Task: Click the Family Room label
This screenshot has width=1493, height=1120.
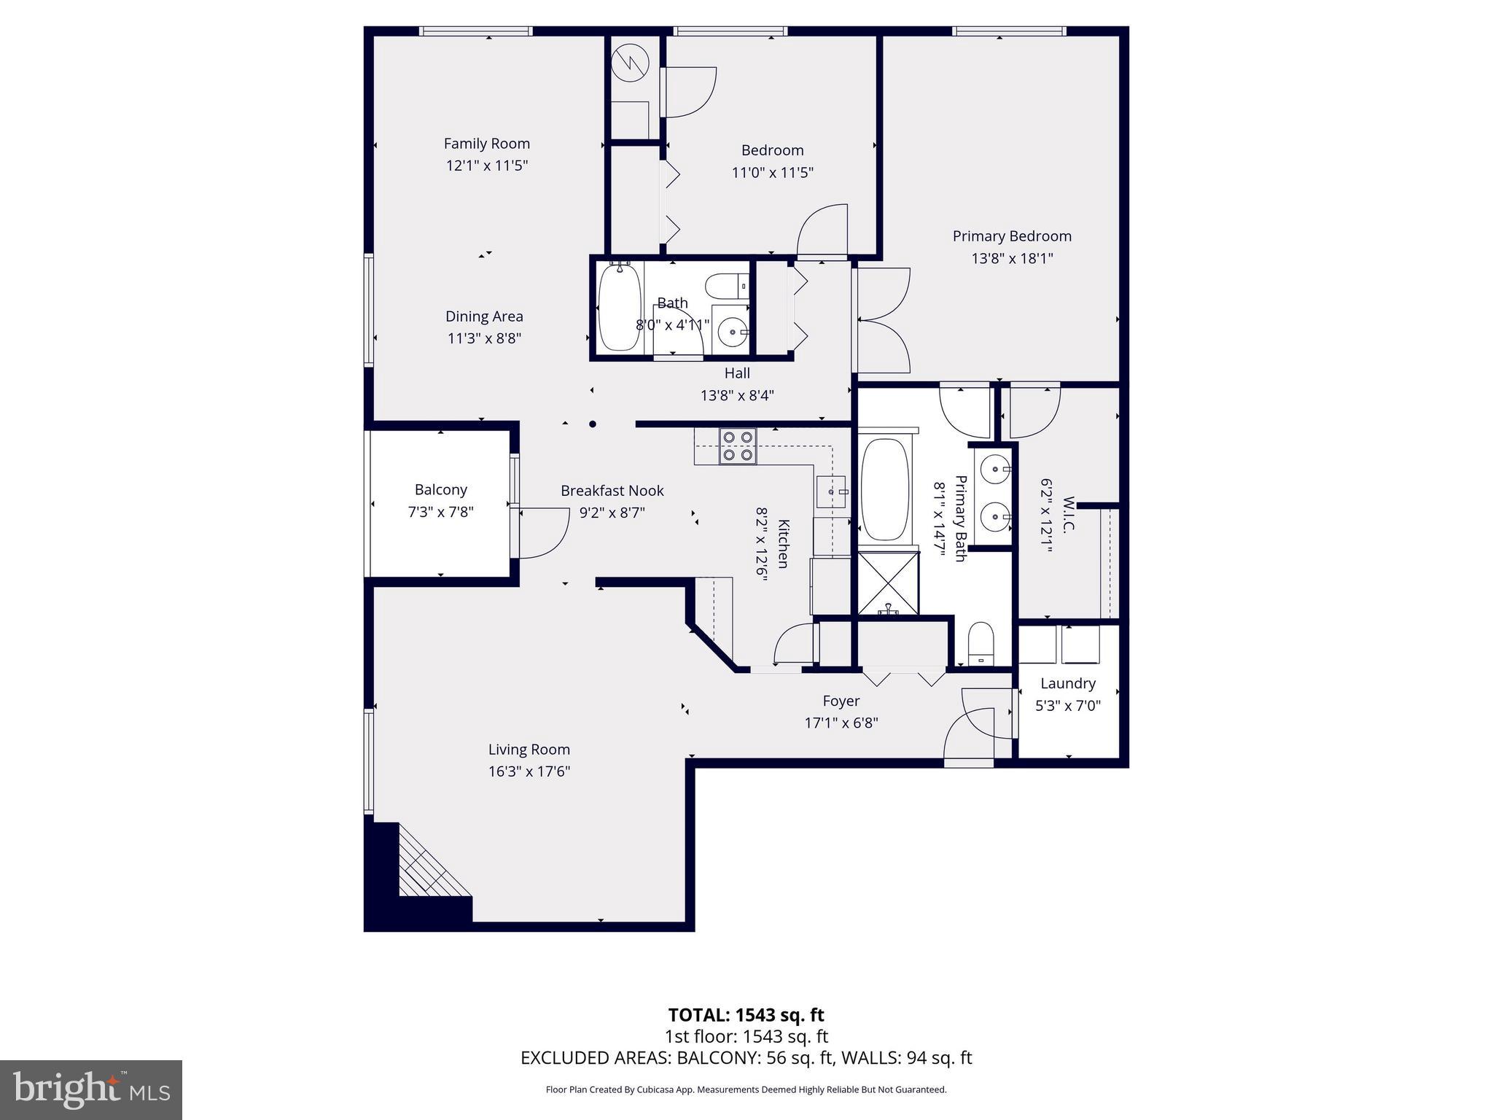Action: point(486,144)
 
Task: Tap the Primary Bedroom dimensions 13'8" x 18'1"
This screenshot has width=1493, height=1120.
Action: point(1012,258)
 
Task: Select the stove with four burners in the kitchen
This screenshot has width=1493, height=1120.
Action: point(738,446)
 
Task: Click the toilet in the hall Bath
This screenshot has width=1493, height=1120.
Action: point(727,286)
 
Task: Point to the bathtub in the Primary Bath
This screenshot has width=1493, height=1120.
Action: point(885,489)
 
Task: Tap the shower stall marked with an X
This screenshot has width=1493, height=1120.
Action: point(888,583)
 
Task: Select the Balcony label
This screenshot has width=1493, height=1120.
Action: point(440,490)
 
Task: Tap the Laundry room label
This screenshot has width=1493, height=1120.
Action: point(1067,683)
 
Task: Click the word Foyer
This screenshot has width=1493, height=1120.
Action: point(841,701)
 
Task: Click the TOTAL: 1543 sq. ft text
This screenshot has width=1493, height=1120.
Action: point(746,1015)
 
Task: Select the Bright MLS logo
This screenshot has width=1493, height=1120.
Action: point(91,1089)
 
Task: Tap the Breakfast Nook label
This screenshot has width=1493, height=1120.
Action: point(612,491)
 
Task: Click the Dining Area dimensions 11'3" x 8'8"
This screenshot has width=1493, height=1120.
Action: point(484,338)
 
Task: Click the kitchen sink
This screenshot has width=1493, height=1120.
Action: point(831,492)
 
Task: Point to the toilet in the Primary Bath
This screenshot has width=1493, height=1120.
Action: point(981,643)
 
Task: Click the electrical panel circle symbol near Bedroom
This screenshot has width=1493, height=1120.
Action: point(630,63)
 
